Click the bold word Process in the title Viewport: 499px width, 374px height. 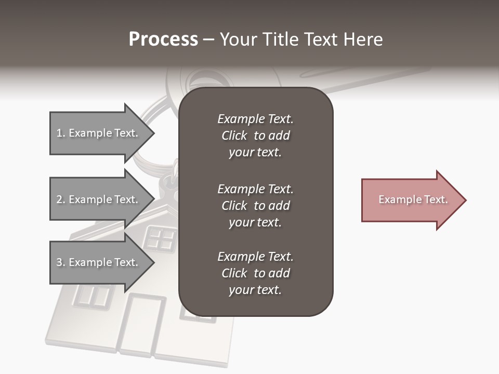[x=163, y=39]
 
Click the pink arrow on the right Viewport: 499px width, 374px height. [x=411, y=200]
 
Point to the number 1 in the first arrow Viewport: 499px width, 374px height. [x=59, y=133]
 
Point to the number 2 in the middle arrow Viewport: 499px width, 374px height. [x=59, y=199]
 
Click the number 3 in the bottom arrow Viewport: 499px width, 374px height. [x=59, y=262]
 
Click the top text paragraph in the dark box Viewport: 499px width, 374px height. [x=255, y=136]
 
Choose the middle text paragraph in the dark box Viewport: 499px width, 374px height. [x=255, y=206]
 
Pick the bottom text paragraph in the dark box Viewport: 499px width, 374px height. [x=255, y=273]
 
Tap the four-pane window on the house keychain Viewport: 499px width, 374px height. [x=161, y=238]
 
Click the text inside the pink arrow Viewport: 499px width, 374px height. [x=413, y=199]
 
